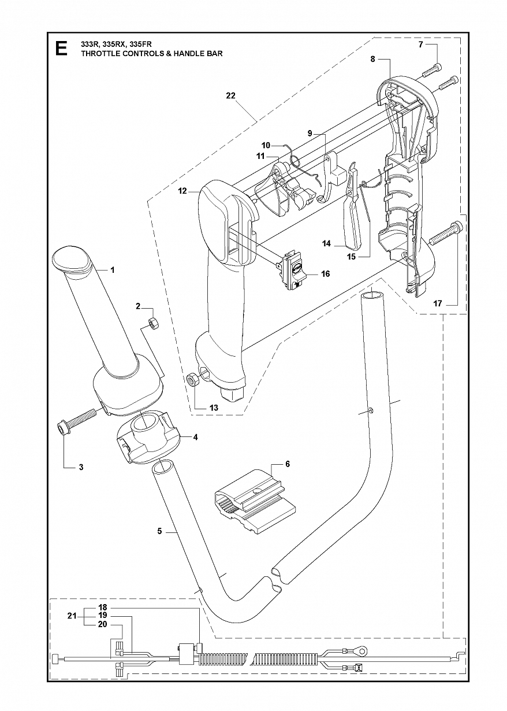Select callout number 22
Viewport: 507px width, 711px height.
click(x=231, y=95)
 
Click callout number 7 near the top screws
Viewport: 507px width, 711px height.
click(x=421, y=45)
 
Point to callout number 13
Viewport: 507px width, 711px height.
click(x=214, y=408)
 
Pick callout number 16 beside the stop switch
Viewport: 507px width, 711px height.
click(x=326, y=273)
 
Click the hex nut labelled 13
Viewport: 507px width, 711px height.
click(x=192, y=379)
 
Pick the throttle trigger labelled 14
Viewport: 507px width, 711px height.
click(x=351, y=219)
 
